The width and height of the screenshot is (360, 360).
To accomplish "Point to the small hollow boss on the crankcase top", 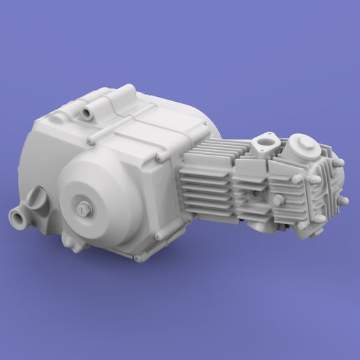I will tap(89, 112).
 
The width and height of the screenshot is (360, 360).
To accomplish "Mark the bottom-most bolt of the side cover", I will tap(137, 259).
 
